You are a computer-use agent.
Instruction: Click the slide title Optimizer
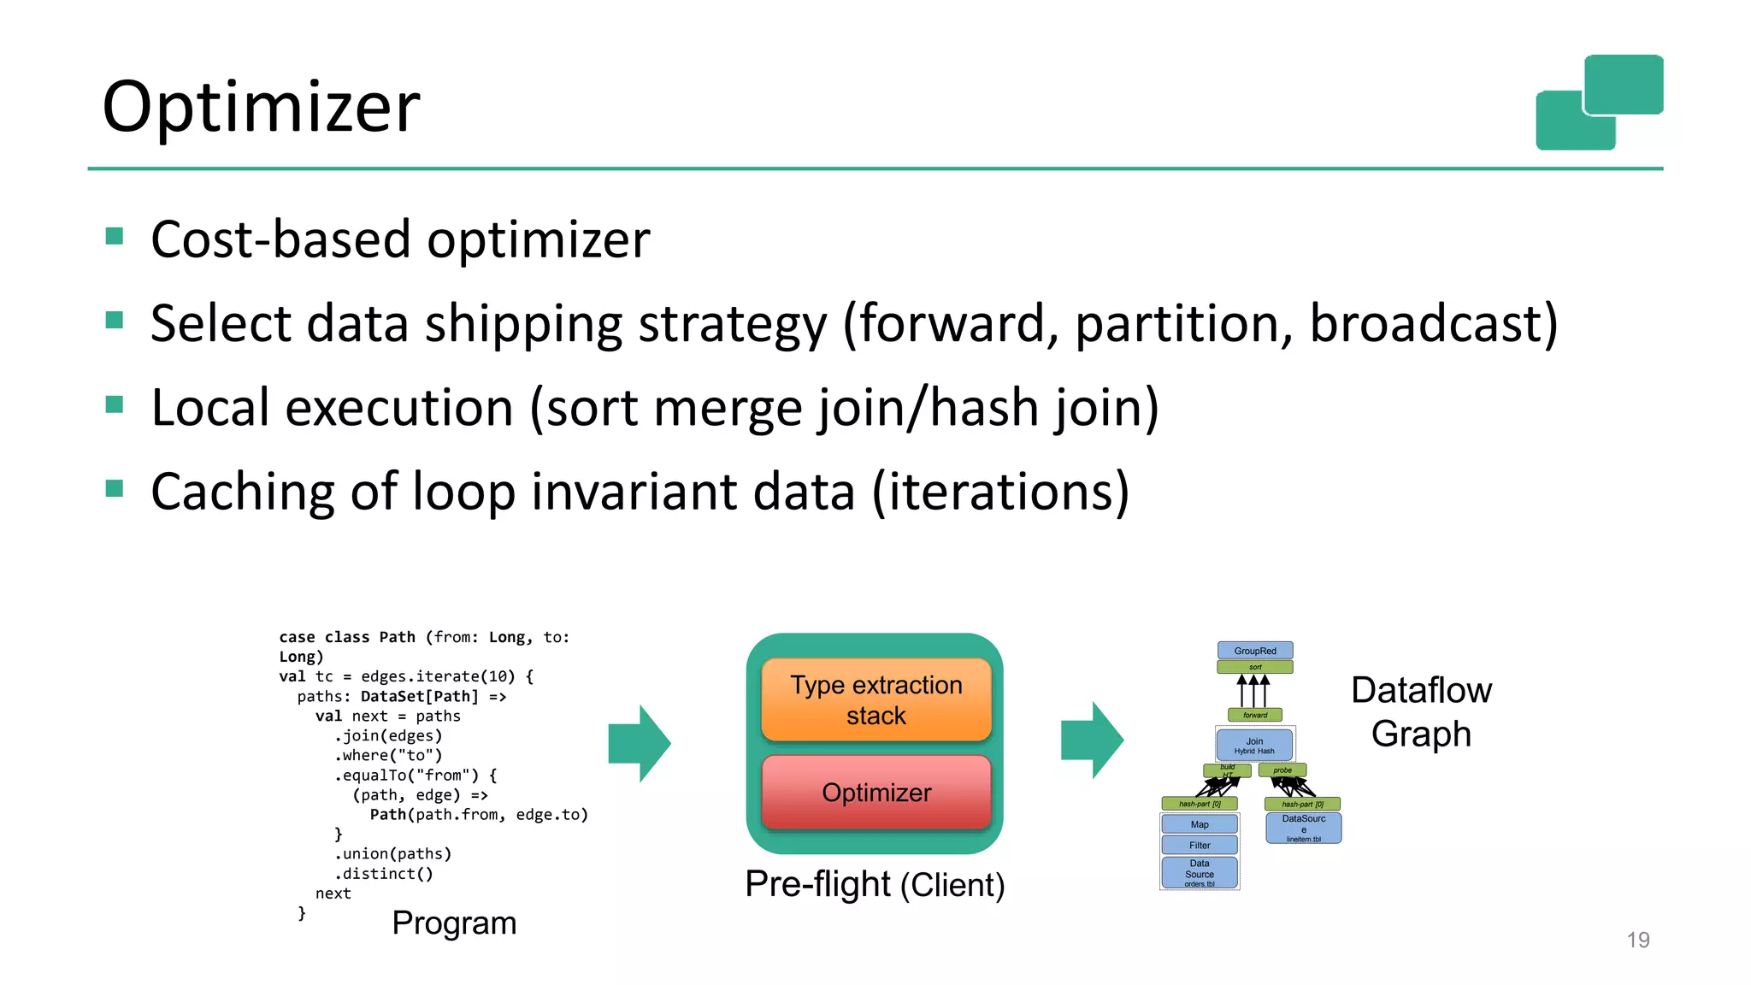261,107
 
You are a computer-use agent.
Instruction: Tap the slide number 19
1637,940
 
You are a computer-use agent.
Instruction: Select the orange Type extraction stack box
875,699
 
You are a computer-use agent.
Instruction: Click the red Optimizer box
875,793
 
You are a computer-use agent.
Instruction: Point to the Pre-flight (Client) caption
875,884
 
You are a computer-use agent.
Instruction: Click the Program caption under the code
454,923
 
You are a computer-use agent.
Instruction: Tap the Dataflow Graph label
1421,711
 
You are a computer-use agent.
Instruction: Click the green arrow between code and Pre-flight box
640,743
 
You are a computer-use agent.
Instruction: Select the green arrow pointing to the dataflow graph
1092,740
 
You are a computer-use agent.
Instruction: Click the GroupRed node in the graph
1254,651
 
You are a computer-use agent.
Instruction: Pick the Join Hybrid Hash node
1254,745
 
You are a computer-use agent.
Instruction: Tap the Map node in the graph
1200,824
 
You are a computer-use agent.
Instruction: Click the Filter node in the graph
1200,845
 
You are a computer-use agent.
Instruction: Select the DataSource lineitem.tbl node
1303,828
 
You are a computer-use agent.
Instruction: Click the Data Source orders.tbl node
1200,873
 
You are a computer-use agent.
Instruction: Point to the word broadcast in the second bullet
1433,323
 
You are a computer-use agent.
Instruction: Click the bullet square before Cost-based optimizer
115,236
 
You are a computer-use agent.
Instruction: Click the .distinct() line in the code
384,874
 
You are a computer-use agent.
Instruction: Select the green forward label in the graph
1254,715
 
